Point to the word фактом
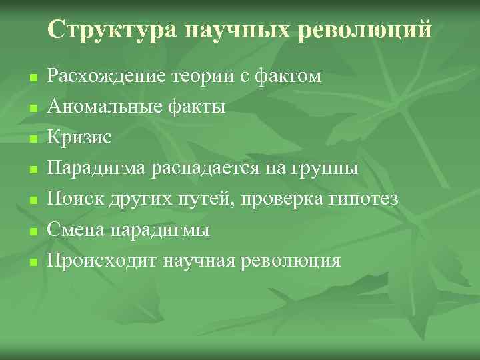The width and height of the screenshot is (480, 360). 291,76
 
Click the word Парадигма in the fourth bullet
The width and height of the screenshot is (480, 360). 91,168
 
